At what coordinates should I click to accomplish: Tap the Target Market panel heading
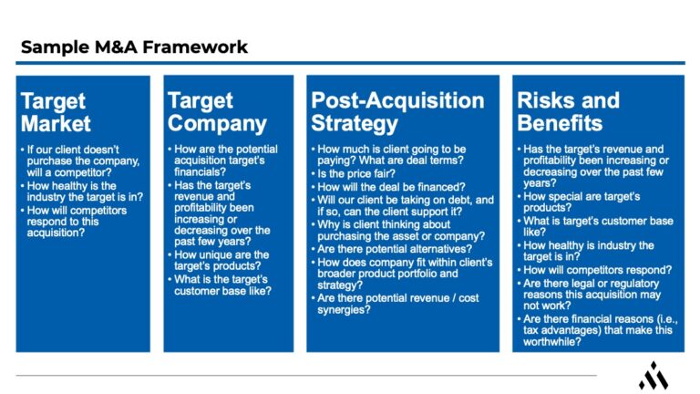(x=56, y=111)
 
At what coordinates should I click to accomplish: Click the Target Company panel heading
(x=217, y=111)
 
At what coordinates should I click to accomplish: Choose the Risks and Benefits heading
(x=568, y=111)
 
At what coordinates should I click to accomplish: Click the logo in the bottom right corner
(x=653, y=375)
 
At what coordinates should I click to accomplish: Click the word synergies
(x=344, y=310)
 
